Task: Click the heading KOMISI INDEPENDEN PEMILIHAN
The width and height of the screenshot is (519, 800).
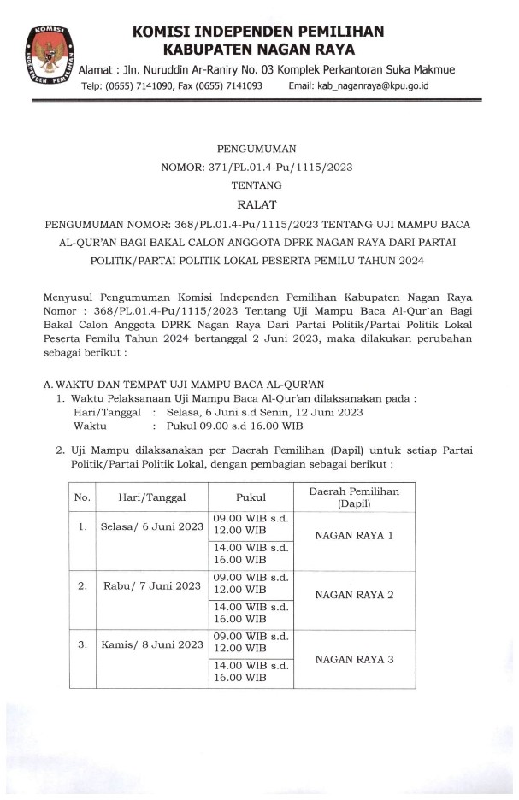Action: tap(258, 32)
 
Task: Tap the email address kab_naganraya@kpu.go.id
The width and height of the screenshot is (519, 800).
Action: tap(358, 86)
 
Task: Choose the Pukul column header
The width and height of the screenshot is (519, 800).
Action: tap(251, 497)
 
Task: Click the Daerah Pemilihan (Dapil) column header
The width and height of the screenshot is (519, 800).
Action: tap(353, 497)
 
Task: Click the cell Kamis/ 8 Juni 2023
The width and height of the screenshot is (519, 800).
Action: tap(151, 644)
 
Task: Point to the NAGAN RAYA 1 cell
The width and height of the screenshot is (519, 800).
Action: tap(354, 536)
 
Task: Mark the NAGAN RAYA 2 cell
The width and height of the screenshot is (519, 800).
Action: tap(354, 596)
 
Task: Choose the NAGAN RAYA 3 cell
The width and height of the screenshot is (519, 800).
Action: tap(354, 659)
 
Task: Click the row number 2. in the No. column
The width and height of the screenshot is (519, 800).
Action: tap(83, 585)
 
